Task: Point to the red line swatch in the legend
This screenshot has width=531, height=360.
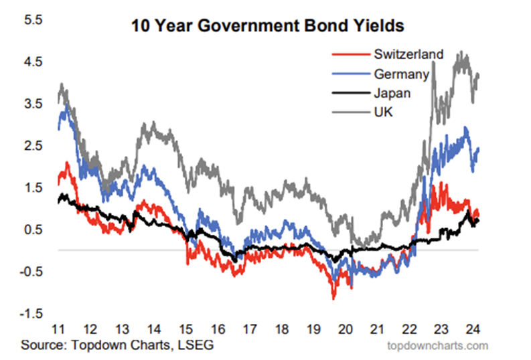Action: [348, 53]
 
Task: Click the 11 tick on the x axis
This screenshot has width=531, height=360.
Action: [58, 330]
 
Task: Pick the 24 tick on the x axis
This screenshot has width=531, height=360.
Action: [471, 330]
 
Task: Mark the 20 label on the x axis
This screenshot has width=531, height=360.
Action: [345, 330]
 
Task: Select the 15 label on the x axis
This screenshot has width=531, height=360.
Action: [185, 330]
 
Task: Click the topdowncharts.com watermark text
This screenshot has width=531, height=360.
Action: [438, 345]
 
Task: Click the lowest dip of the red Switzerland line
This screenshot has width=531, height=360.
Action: [333, 298]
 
